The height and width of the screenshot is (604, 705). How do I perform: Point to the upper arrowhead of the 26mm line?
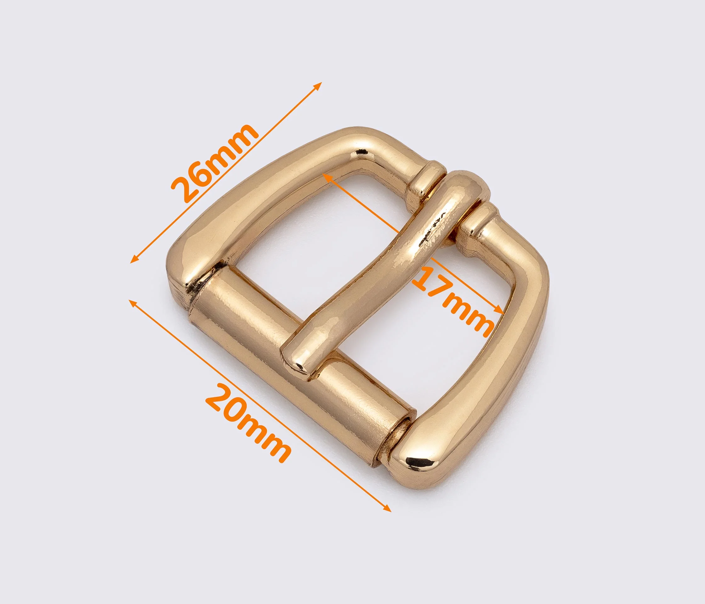[319, 85]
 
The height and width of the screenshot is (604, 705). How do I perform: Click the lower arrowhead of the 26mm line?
[134, 260]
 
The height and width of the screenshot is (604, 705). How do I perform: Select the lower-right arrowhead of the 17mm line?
[499, 310]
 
